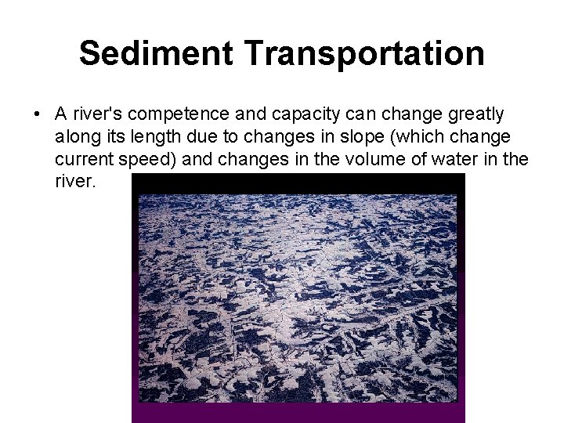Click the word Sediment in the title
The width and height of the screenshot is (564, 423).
(x=157, y=53)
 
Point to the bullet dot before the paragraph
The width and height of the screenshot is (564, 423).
(x=37, y=115)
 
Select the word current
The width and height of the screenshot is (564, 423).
(x=82, y=161)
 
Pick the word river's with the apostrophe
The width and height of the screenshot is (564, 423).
(x=96, y=115)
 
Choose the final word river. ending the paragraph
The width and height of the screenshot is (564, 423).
(x=75, y=183)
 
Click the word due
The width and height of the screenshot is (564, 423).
(x=197, y=138)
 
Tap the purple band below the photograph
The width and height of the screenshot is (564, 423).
(x=298, y=412)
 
